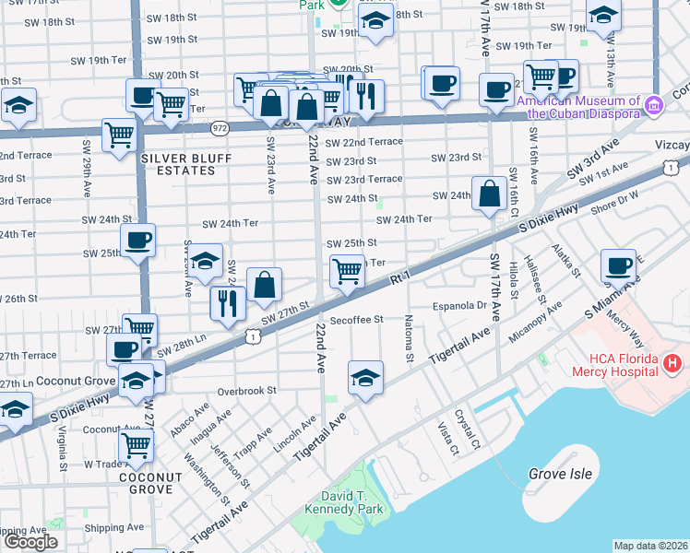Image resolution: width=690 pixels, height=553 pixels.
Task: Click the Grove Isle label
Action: (559, 474)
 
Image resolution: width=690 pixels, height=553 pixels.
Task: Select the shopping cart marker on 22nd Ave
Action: (347, 271)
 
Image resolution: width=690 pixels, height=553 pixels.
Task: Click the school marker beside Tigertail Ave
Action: (365, 378)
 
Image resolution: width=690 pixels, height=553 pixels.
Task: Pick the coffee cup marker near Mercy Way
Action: (618, 265)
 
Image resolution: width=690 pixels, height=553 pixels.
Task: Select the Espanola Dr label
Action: (458, 305)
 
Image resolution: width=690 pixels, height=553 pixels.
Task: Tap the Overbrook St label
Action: (246, 390)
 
